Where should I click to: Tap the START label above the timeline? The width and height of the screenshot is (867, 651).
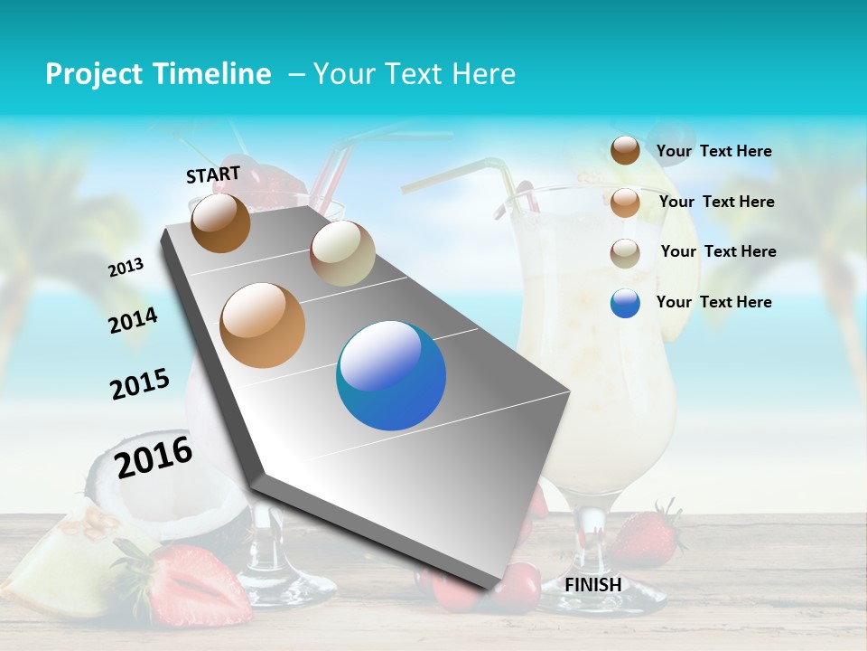tap(213, 174)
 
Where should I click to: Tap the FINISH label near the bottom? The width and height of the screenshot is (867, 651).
tap(593, 585)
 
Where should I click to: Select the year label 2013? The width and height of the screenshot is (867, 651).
tap(126, 268)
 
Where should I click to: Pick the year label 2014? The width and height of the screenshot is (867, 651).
tap(134, 320)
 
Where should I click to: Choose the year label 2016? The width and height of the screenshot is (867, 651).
tap(154, 457)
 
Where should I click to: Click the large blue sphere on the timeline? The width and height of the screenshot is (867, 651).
tap(391, 375)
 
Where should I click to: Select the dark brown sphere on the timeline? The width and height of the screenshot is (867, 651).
tap(220, 222)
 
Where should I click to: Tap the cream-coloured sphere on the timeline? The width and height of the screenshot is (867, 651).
tap(342, 253)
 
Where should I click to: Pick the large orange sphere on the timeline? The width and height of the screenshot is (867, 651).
tap(263, 325)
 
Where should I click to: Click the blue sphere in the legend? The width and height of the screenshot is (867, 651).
tap(625, 303)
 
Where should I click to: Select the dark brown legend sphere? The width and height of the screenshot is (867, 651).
tap(625, 150)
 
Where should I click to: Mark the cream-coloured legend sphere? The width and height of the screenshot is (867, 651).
tap(625, 253)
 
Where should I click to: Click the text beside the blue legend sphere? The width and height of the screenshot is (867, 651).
tap(713, 302)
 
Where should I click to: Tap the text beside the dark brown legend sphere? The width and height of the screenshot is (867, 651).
tap(713, 151)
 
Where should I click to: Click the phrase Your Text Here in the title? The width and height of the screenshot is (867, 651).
tap(415, 74)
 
